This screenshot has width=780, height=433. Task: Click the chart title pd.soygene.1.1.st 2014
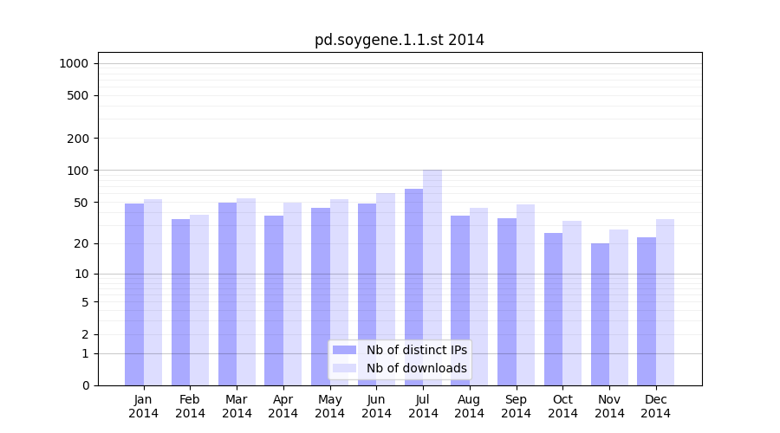(399, 41)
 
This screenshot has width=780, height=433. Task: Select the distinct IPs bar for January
(134, 294)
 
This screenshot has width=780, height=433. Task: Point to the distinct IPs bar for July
(413, 286)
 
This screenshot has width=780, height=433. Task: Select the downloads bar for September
(525, 294)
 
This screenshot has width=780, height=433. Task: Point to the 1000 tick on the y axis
(74, 63)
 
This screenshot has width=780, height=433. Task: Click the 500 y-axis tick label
(77, 95)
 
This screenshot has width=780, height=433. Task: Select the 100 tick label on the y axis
(77, 171)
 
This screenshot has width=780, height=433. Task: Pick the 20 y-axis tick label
(81, 243)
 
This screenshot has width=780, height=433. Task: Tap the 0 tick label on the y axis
(85, 385)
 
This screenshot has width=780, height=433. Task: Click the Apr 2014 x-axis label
(283, 406)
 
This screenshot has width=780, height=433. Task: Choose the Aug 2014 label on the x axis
(469, 406)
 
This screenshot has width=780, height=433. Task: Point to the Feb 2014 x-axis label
(190, 406)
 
